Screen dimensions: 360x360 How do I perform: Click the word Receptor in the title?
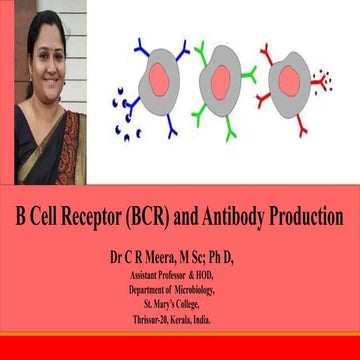[x=107, y=217]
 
